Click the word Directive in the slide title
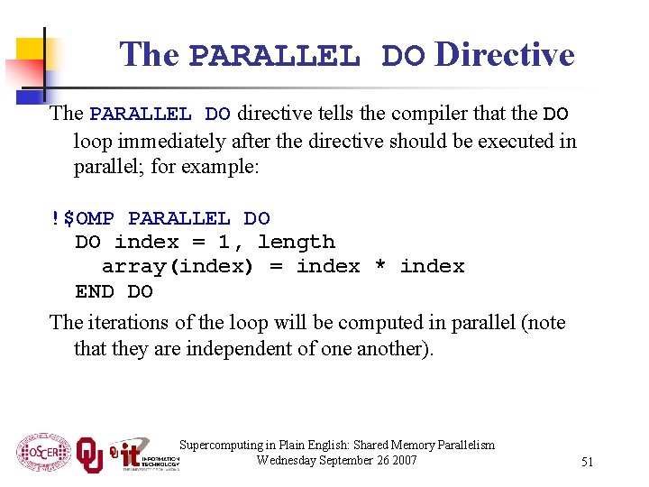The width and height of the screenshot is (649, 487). [504, 55]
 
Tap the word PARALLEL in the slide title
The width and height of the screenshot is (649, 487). [275, 57]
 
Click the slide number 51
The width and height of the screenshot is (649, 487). [587, 462]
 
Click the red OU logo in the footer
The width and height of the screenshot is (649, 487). [90, 454]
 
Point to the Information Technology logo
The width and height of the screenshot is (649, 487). [144, 454]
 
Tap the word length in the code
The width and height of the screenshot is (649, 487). [297, 242]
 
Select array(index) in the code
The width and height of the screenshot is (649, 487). [178, 266]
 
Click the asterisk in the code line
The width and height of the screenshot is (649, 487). [380, 266]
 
